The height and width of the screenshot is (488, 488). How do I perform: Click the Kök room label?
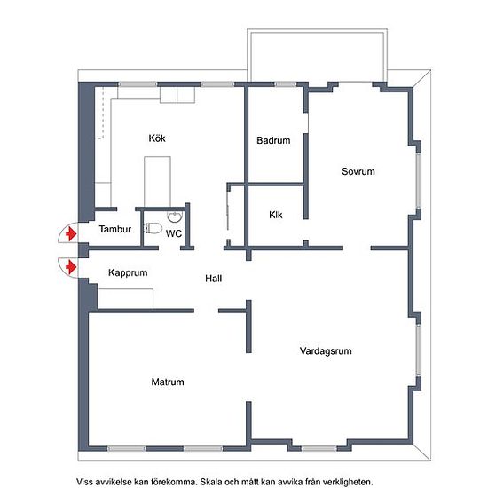(x=157, y=138)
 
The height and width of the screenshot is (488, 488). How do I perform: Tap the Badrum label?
(x=273, y=140)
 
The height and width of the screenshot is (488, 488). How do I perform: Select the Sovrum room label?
(x=358, y=171)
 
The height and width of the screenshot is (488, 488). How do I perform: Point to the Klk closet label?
(x=276, y=215)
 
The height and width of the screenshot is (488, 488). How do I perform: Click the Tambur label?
(x=115, y=230)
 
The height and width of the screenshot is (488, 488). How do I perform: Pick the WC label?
(x=174, y=233)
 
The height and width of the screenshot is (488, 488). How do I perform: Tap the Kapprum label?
(x=128, y=273)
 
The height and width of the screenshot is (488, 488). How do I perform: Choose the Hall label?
(x=214, y=279)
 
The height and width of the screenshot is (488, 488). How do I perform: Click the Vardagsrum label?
(x=326, y=351)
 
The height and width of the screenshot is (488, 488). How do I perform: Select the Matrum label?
(x=168, y=382)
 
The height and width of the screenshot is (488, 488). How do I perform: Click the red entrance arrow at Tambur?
(x=71, y=233)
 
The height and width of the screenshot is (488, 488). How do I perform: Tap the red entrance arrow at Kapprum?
(x=71, y=267)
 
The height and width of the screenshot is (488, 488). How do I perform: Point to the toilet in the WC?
(x=153, y=229)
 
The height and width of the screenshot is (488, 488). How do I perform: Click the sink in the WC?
(x=175, y=216)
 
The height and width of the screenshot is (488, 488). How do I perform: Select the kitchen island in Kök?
(x=157, y=182)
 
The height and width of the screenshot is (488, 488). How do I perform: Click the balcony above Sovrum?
(x=317, y=55)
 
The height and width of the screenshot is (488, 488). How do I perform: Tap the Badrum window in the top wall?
(x=286, y=84)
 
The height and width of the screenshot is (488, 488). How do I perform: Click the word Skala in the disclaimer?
(x=209, y=482)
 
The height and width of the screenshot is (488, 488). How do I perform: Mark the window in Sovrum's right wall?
(x=419, y=180)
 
